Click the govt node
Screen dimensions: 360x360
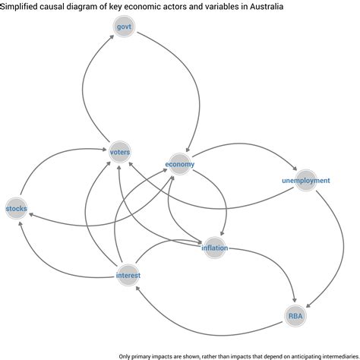pyautogui.click(x=124, y=27)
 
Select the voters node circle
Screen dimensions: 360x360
pyautogui.click(x=120, y=152)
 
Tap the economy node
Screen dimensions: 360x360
pyautogui.click(x=180, y=164)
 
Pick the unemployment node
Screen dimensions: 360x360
pyautogui.click(x=306, y=180)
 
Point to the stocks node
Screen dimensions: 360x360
pyautogui.click(x=17, y=208)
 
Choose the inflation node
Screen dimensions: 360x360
pyautogui.click(x=214, y=248)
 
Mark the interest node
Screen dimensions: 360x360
pyautogui.click(x=128, y=275)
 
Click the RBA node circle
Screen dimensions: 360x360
pyautogui.click(x=295, y=316)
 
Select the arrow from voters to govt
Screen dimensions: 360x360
pyautogui.click(x=83, y=89)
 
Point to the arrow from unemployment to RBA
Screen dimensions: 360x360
pyautogui.click(x=343, y=249)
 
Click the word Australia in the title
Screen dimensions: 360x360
pyautogui.click(x=267, y=6)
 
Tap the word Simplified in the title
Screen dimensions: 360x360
pyautogui.click(x=19, y=6)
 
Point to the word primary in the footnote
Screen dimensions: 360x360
pyautogui.click(x=140, y=356)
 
